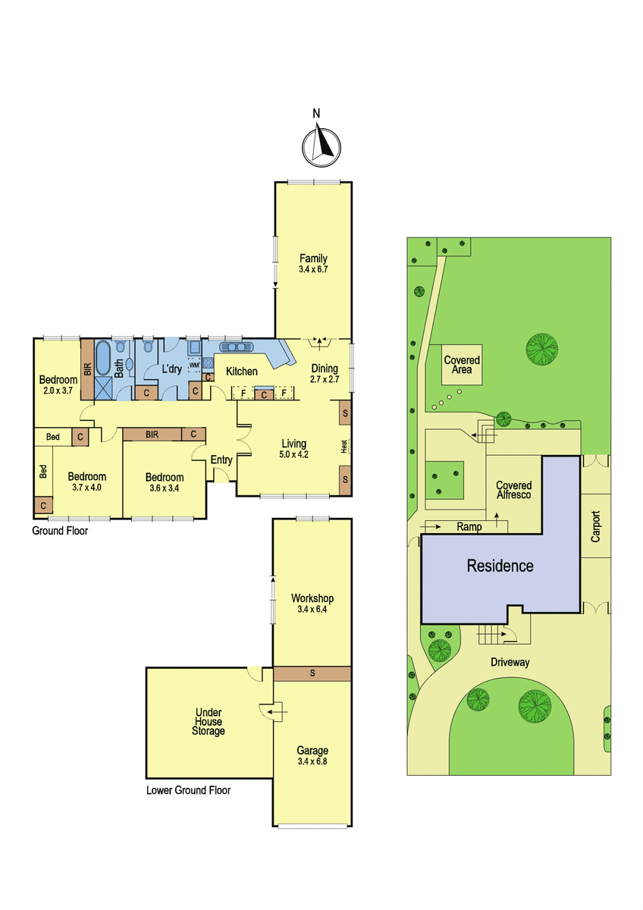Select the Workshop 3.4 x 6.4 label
pyautogui.click(x=312, y=604)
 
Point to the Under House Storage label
pyautogui.click(x=209, y=722)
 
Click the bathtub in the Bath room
pyautogui.click(x=102, y=359)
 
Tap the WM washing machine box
pyautogui.click(x=194, y=365)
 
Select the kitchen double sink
pyautogui.click(x=236, y=347)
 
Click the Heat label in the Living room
pyautogui.click(x=344, y=446)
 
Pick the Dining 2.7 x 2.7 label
pyautogui.click(x=325, y=373)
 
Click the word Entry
pyautogui.click(x=221, y=460)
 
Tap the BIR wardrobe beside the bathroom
pyautogui.click(x=87, y=369)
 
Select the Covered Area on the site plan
pyautogui.click(x=462, y=365)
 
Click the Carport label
pyautogui.click(x=595, y=526)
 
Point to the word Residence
pyautogui.click(x=500, y=566)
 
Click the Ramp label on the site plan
pyautogui.click(x=469, y=527)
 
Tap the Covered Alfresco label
pyautogui.click(x=514, y=490)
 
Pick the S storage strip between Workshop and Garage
pyautogui.click(x=312, y=673)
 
